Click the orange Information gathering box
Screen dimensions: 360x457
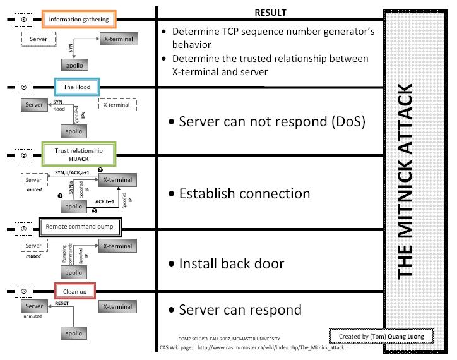tap(79, 20)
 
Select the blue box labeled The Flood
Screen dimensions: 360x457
tap(77, 87)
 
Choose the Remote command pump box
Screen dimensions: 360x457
tap(79, 226)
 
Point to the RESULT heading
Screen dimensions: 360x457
tap(270, 13)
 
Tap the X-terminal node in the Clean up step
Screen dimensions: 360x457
tap(117, 307)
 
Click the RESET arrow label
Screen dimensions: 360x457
tap(62, 303)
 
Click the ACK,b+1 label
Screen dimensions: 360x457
tap(105, 201)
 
